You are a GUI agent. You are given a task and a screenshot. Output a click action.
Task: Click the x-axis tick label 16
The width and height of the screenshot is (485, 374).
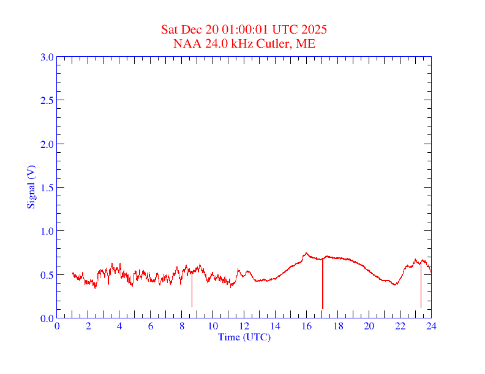[x=306, y=326]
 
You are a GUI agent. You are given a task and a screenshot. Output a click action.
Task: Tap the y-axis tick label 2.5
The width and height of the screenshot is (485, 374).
[x=47, y=100]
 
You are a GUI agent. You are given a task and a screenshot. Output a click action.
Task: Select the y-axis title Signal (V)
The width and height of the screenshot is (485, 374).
[x=31, y=186]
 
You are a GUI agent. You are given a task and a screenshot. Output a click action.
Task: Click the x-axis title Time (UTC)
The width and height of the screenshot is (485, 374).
[x=244, y=337]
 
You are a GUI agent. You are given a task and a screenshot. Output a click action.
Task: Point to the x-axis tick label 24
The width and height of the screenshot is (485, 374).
[x=430, y=326]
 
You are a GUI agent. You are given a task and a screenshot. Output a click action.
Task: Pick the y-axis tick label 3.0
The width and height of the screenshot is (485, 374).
[x=47, y=57]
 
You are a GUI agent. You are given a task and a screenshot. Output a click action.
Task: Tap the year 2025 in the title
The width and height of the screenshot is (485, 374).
[x=314, y=29]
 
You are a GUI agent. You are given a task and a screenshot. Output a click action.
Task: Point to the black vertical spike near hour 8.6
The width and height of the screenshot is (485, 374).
[x=192, y=290]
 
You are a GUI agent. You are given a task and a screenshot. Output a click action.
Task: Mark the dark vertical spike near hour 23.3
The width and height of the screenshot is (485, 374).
[x=421, y=287]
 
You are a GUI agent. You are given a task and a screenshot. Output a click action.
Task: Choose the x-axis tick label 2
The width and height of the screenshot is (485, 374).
[x=88, y=326]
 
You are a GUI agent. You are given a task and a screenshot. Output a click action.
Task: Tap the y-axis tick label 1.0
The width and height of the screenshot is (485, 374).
[x=47, y=231]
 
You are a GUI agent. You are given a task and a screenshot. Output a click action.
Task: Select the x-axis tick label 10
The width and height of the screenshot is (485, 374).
[x=212, y=326]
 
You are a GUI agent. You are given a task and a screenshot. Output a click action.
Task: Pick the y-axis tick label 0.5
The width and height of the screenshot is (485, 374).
[x=47, y=275]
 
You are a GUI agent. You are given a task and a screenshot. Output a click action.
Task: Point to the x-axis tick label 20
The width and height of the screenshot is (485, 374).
[x=369, y=326]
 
